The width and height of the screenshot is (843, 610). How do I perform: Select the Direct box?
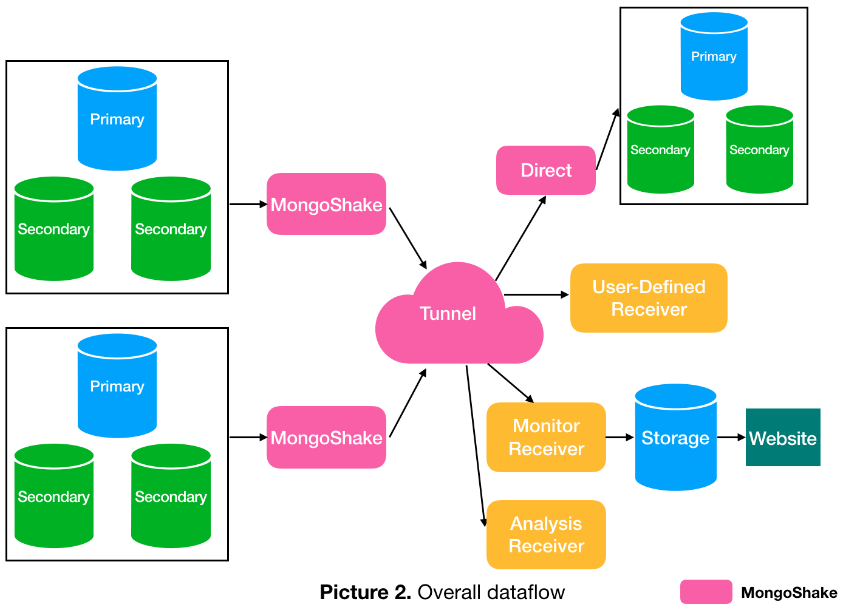[x=545, y=171]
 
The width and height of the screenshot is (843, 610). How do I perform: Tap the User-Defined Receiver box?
[x=648, y=298]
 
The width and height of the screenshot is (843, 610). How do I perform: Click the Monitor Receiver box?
[x=545, y=437]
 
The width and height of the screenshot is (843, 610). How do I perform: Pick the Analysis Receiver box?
[x=545, y=535]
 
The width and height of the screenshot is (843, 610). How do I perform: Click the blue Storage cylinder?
[x=675, y=438]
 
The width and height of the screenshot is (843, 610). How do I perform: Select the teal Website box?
[x=782, y=438]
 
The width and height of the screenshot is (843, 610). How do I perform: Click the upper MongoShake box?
[x=326, y=205]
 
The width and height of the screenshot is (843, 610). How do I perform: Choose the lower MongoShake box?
[x=326, y=438]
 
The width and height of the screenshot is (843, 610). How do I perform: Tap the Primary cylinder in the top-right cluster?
[x=714, y=56]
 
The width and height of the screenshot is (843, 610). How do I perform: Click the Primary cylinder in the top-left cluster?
[x=117, y=120]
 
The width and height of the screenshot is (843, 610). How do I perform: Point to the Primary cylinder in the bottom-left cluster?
[x=117, y=387]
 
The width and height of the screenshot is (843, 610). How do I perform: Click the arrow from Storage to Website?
[x=731, y=437]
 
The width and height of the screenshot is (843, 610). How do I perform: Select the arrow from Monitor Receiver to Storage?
[x=619, y=437]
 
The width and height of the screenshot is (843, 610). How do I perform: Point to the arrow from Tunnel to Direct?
[x=520, y=238]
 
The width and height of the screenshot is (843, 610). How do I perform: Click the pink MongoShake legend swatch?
[x=706, y=592]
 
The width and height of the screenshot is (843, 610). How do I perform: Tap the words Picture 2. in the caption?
[x=365, y=592]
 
